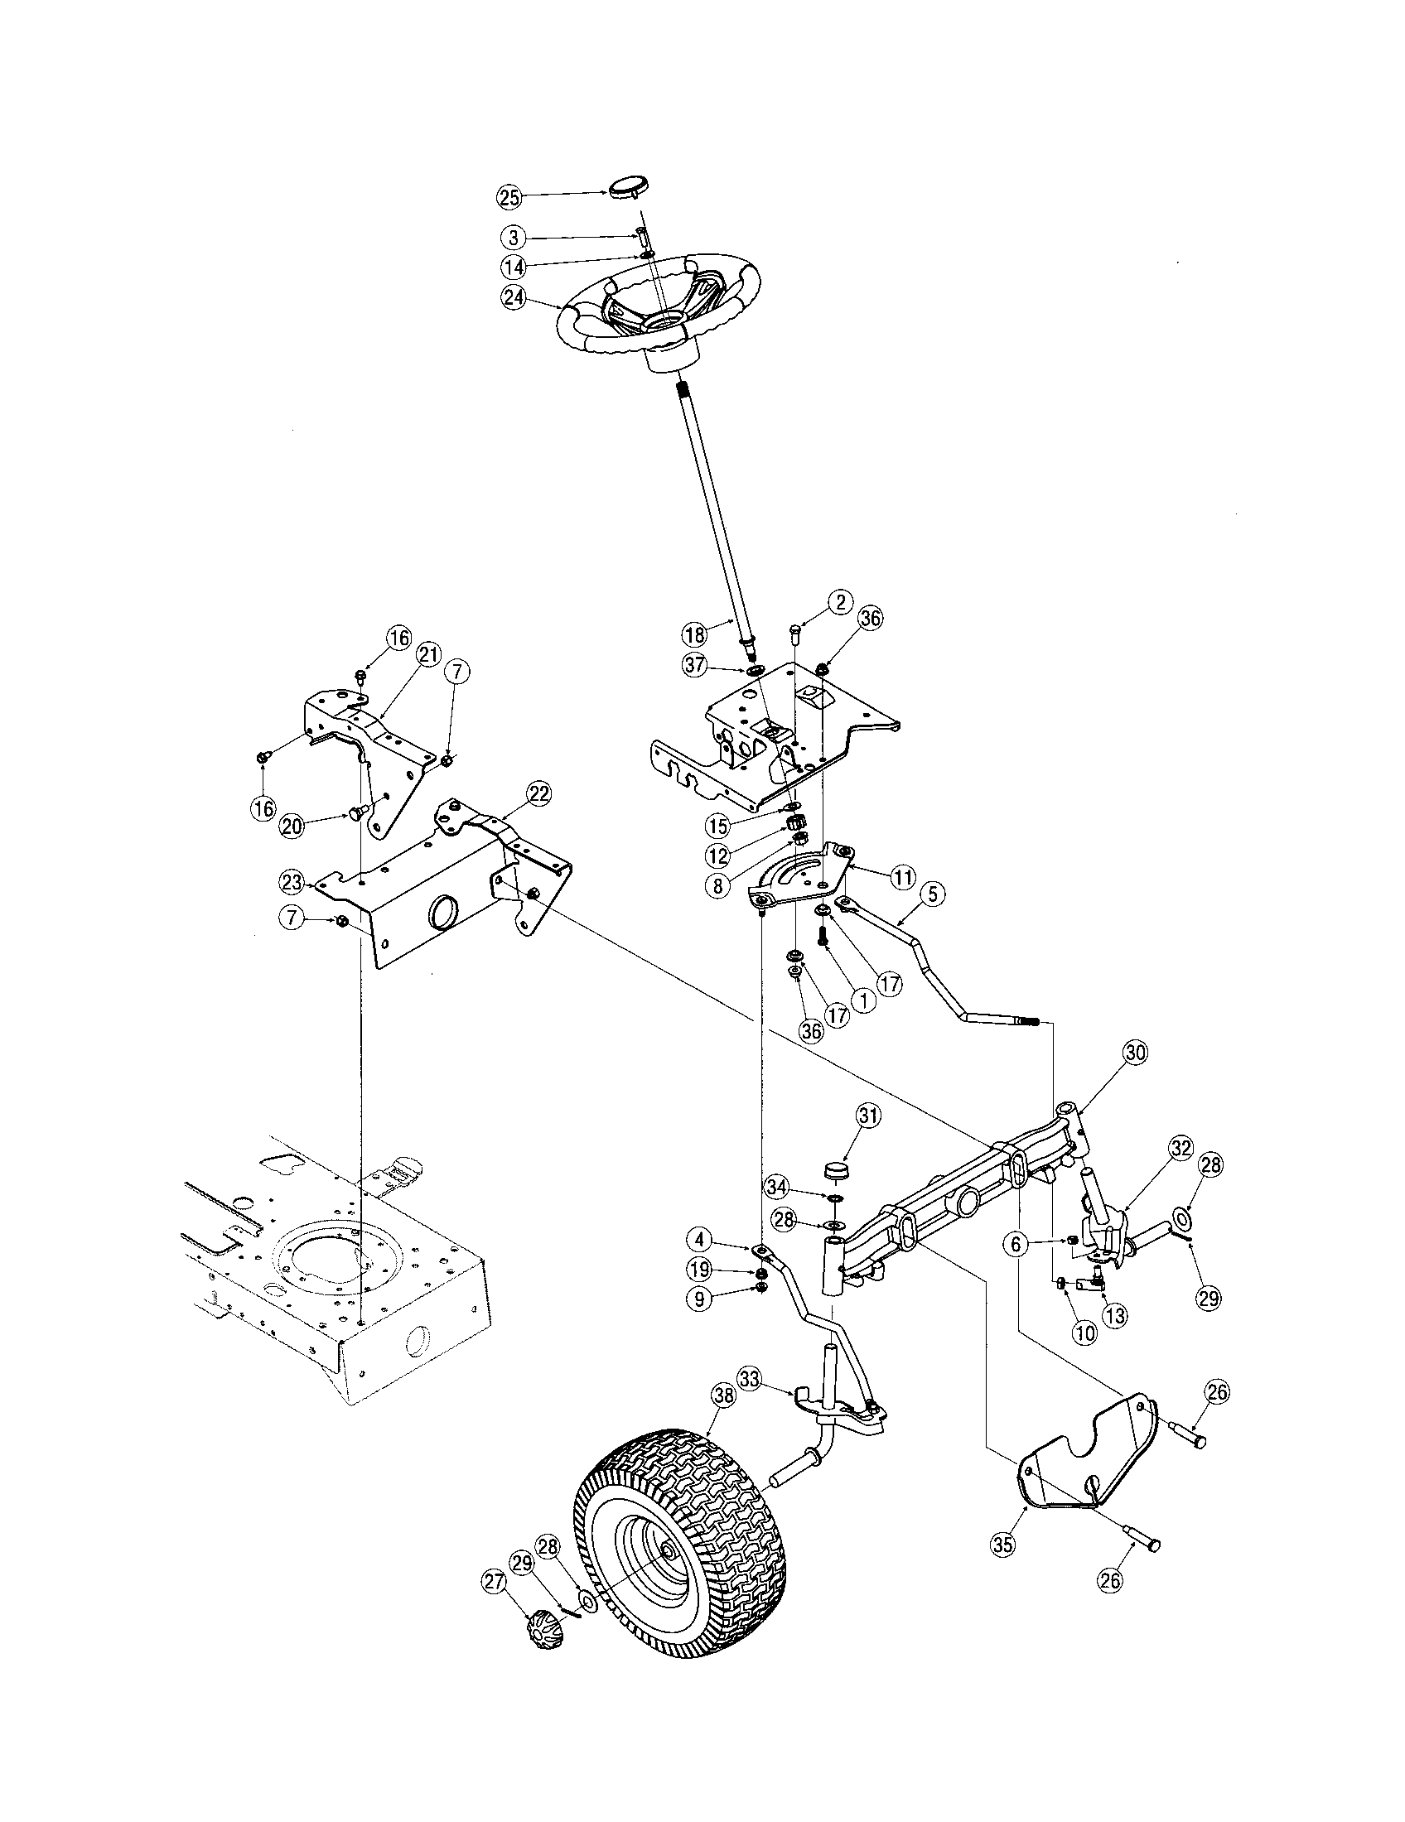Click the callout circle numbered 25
[508, 197]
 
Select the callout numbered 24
[514, 298]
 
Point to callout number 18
[694, 634]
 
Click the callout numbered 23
[291, 882]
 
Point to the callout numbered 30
[1135, 1053]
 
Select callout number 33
[750, 1380]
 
